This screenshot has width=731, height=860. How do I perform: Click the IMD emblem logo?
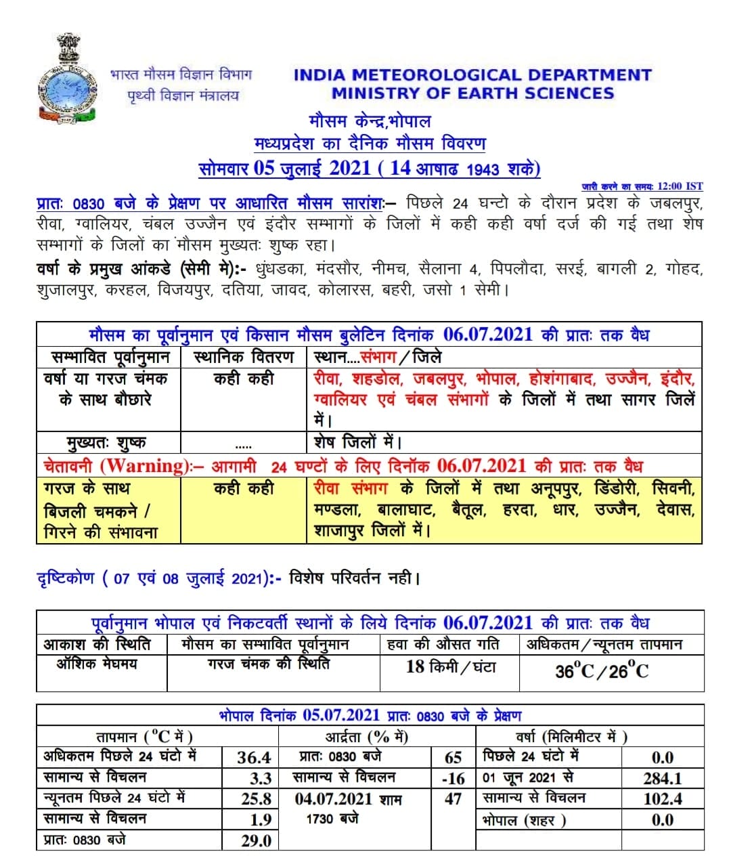click(x=66, y=80)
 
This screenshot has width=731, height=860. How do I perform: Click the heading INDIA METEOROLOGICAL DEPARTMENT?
click(x=472, y=75)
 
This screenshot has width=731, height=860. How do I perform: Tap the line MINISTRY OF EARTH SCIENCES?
click(x=472, y=93)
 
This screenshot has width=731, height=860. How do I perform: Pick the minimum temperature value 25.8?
click(x=256, y=799)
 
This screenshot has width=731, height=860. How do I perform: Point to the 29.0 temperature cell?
click(x=256, y=841)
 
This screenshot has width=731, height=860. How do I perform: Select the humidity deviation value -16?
click(x=453, y=779)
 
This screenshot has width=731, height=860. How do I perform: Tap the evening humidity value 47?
click(x=453, y=799)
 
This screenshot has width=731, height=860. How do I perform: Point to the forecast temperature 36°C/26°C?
click(x=601, y=671)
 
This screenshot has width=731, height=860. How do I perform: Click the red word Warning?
click(x=143, y=466)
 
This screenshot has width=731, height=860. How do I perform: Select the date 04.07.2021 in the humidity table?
click(x=333, y=799)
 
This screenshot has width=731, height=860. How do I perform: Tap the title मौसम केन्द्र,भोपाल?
click(x=370, y=122)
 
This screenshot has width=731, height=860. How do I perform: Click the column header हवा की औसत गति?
click(x=443, y=643)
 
